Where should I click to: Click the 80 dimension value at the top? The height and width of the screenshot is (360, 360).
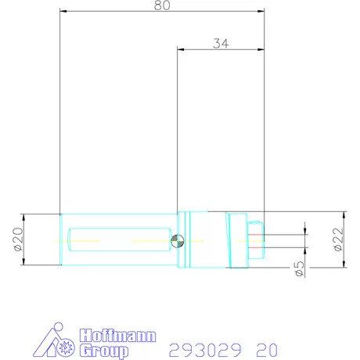162,5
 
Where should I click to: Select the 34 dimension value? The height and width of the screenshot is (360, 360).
220,44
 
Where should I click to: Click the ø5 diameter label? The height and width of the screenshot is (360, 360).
299,268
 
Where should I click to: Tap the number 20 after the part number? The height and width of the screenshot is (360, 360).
265,348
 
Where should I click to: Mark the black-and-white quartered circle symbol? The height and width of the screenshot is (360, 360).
178,241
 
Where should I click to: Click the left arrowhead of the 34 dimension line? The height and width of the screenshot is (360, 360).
182,50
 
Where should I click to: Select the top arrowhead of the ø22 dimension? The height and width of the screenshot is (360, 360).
344,214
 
